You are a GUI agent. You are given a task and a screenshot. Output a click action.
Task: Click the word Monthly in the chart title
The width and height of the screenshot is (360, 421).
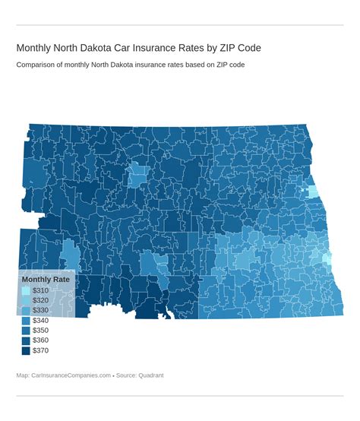(35, 48)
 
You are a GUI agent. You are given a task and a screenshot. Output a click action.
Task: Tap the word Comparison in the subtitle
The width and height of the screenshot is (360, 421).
(39, 65)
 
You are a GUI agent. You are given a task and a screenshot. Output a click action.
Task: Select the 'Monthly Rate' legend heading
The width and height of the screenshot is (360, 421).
(46, 279)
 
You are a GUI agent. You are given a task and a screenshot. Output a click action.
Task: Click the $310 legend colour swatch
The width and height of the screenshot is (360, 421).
(26, 291)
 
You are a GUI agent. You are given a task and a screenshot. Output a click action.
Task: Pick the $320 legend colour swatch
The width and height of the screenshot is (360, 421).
(26, 301)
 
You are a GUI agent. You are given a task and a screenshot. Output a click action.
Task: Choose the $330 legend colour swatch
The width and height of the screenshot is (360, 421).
(26, 311)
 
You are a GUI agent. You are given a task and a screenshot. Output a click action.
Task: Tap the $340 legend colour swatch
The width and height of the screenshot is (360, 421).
(26, 321)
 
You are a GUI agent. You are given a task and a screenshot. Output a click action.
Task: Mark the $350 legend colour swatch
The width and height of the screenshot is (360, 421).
(26, 331)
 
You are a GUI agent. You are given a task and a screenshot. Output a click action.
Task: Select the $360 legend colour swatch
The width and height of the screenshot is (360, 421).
(26, 340)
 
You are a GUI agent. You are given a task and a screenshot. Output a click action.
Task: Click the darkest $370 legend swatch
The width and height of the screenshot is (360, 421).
(26, 350)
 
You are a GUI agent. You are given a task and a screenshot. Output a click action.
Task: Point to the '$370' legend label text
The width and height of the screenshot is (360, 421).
(40, 350)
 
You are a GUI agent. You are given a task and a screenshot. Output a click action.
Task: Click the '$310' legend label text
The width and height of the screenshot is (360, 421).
(40, 291)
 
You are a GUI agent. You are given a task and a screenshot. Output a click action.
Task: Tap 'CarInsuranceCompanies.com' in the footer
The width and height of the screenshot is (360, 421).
(71, 375)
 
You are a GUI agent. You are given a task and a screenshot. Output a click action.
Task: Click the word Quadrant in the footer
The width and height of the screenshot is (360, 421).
(149, 375)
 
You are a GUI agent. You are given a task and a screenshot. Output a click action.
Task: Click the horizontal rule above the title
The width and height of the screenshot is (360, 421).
(180, 25)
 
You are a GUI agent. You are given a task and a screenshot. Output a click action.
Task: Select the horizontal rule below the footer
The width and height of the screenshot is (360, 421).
(180, 396)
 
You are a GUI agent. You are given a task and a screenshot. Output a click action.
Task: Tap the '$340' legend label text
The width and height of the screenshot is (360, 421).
(40, 321)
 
